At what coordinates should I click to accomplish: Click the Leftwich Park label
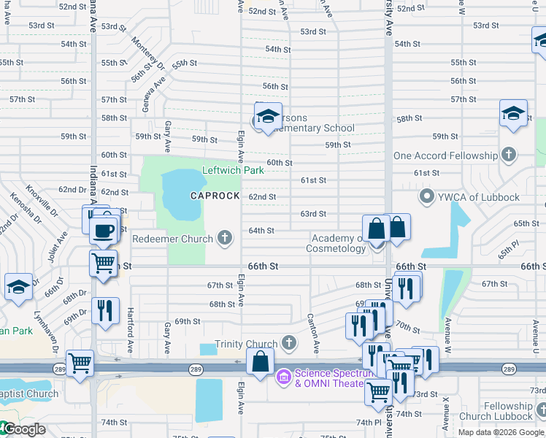pos(233,170)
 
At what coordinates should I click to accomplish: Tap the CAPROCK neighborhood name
pos(215,196)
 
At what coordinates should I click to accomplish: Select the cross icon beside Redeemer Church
pos(226,238)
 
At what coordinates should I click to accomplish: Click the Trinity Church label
pos(246,344)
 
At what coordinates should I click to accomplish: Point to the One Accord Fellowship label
pos(445,155)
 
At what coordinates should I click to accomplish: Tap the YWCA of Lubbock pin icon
pos(427,197)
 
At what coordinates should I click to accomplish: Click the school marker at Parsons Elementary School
pos(268,117)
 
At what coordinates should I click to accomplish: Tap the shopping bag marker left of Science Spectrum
pos(261,361)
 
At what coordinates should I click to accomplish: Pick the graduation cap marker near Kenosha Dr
pos(18,287)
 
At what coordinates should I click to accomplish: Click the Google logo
pos(23,429)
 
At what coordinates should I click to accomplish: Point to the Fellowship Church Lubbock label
pos(501,411)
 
